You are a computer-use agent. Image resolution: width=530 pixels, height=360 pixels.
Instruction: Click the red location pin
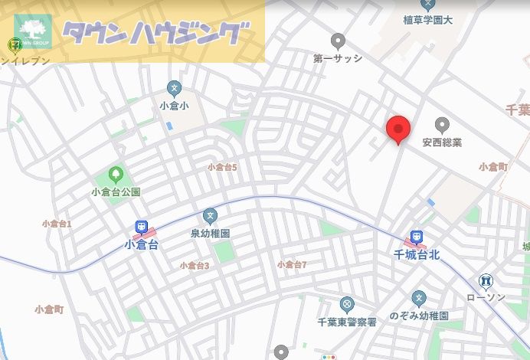point(397,129)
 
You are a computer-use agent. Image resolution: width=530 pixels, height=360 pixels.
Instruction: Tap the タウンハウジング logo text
point(156,34)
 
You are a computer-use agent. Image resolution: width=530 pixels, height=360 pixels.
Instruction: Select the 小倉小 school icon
point(174,88)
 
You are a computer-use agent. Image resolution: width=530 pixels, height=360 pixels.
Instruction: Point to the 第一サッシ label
point(337,57)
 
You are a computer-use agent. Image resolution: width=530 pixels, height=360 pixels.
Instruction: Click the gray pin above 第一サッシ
point(337,41)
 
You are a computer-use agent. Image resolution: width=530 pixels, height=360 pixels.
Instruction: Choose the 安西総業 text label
point(442,142)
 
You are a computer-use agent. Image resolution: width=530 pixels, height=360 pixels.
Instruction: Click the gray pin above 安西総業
point(442,125)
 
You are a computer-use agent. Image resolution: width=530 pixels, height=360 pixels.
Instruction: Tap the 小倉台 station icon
point(141,227)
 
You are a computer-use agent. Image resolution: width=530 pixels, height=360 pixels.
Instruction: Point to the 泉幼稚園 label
point(211,232)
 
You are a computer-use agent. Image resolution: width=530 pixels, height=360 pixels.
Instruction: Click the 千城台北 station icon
point(415,237)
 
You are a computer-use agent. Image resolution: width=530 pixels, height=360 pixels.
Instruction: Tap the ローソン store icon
point(486,281)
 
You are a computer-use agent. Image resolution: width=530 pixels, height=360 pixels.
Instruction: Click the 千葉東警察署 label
point(347,322)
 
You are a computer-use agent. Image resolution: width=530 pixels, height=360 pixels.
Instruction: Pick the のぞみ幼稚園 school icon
point(418,297)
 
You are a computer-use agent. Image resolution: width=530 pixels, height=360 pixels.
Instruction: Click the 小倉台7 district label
point(292,265)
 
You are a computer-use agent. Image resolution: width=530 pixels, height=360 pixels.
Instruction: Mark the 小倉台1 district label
point(57,224)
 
